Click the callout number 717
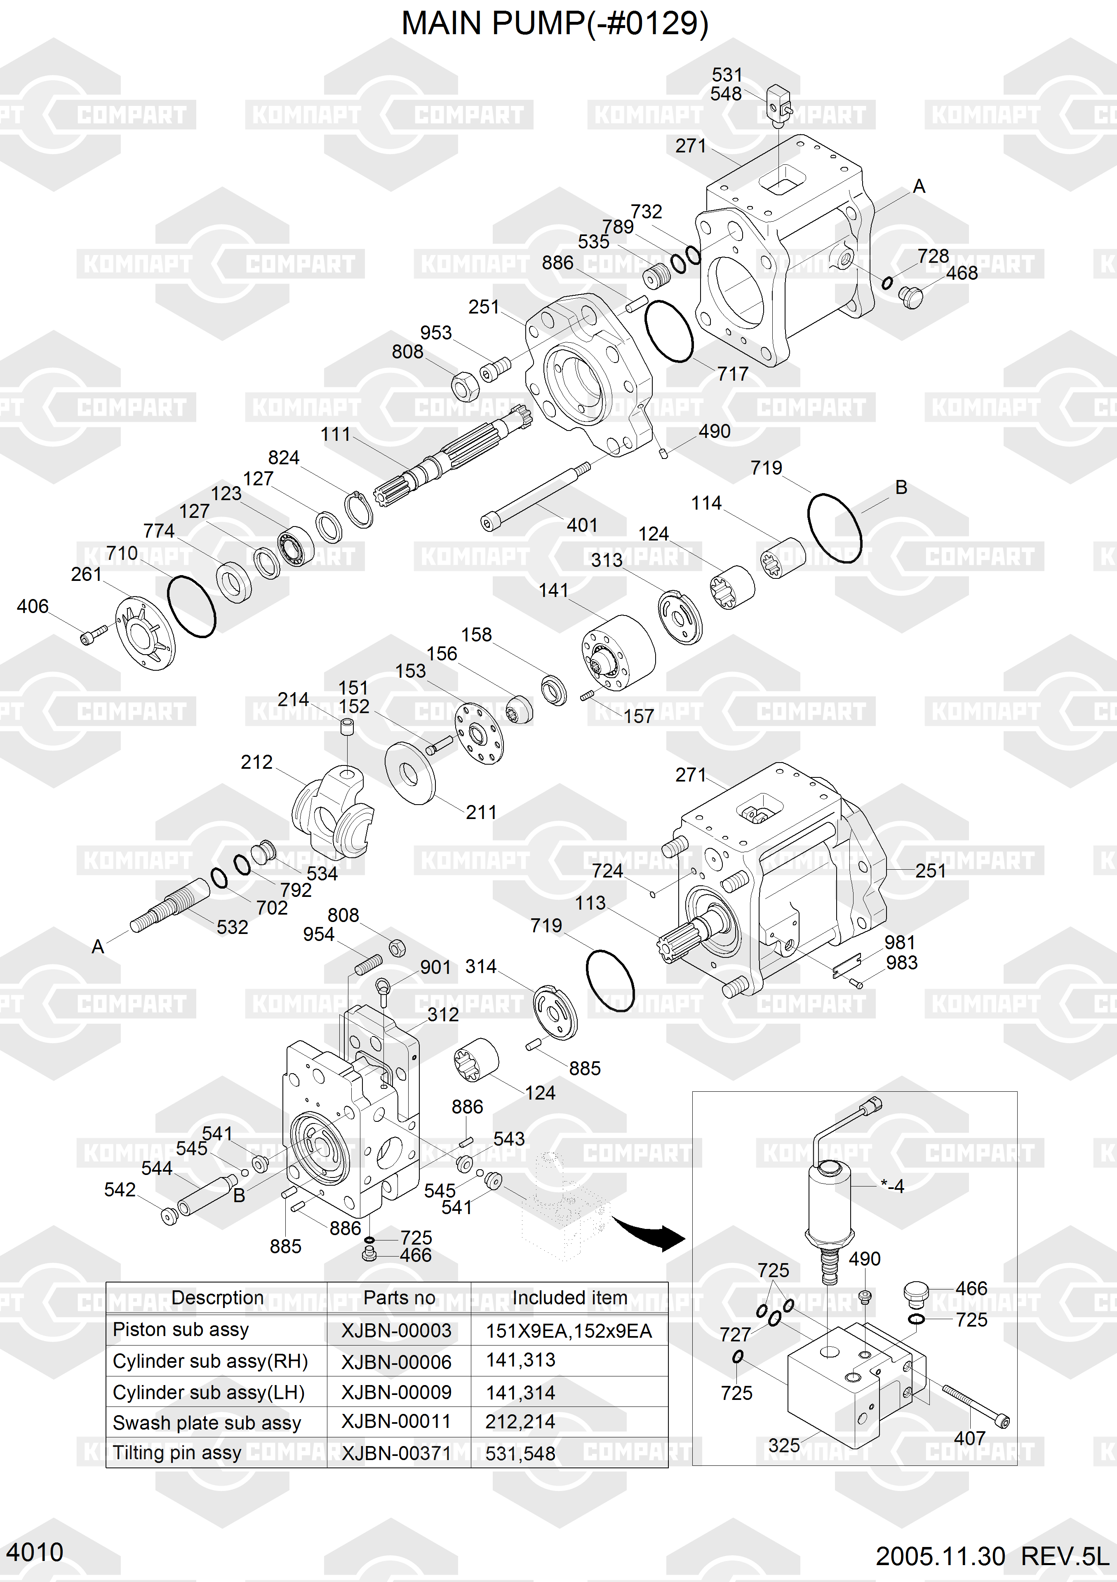point(732,374)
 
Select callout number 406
point(33,606)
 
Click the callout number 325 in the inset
point(784,1446)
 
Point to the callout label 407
point(969,1439)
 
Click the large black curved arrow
point(651,1233)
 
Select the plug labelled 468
point(911,297)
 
